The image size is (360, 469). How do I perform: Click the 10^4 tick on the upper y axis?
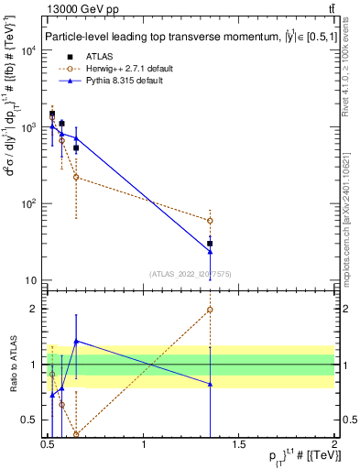(x=32, y=50)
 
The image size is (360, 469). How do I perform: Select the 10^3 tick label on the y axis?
(x=32, y=127)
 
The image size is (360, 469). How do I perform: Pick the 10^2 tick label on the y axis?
(x=32, y=203)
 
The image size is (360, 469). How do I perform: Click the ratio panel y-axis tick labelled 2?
(x=36, y=309)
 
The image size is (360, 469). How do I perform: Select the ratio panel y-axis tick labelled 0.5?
(x=32, y=420)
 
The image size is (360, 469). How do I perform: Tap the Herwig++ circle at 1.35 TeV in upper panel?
(x=210, y=221)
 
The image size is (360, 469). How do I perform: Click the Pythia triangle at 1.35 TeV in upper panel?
(x=210, y=251)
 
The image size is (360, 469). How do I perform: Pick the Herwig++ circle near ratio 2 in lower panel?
(x=210, y=310)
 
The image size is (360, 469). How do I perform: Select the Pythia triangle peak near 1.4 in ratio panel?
(x=76, y=341)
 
